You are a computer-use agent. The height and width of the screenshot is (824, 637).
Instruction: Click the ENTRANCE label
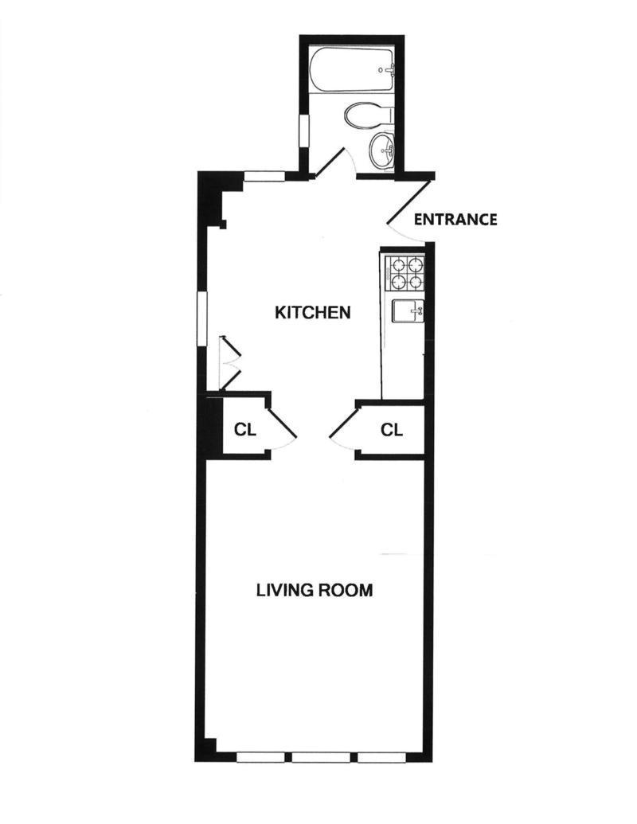click(x=455, y=219)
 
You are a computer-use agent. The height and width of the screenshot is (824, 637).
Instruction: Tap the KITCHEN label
click(x=313, y=313)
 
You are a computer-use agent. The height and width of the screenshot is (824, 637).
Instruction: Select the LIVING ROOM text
click(x=315, y=590)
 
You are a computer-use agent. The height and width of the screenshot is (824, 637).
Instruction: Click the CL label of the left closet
click(x=245, y=429)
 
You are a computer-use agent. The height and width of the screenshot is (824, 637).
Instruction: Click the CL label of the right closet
click(x=392, y=430)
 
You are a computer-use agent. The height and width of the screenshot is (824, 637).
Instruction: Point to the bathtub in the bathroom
click(x=352, y=70)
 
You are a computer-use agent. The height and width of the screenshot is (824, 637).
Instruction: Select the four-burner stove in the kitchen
click(x=404, y=273)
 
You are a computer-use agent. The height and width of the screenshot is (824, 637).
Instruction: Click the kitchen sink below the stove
click(x=409, y=311)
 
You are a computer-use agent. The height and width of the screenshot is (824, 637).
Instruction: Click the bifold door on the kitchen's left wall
click(x=229, y=362)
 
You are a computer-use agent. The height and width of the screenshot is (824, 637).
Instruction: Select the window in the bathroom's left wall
click(x=304, y=132)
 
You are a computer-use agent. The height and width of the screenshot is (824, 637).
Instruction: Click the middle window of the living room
click(x=321, y=757)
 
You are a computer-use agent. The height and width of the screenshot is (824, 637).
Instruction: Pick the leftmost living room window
click(x=260, y=757)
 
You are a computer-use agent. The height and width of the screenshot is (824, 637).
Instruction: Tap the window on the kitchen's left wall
click(x=202, y=318)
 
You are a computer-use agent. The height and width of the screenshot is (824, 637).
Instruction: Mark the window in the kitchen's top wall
click(x=265, y=177)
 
